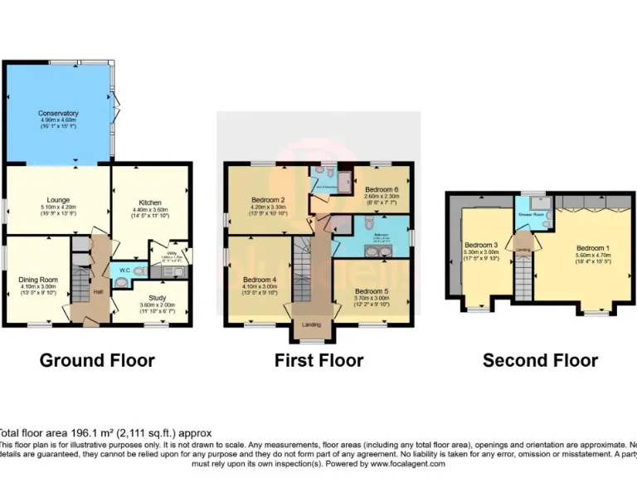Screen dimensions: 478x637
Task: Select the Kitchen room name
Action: pyautogui.click(x=150, y=202)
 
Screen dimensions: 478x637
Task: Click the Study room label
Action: pyautogui.click(x=158, y=297)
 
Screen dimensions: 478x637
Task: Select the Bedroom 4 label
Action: pyautogui.click(x=260, y=280)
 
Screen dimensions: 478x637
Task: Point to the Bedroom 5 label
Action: pyautogui.click(x=371, y=291)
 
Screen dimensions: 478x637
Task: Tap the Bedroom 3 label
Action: pyautogui.click(x=480, y=245)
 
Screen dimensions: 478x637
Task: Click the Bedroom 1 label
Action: pyautogui.click(x=594, y=248)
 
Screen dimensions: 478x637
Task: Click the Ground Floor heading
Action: pyautogui.click(x=97, y=360)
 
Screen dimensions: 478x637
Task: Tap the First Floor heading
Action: pyautogui.click(x=318, y=360)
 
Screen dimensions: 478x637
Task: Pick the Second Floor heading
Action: pyautogui.click(x=540, y=360)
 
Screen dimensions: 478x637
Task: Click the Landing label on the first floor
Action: pyautogui.click(x=311, y=324)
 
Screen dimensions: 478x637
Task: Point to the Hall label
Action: pyautogui.click(x=98, y=291)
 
